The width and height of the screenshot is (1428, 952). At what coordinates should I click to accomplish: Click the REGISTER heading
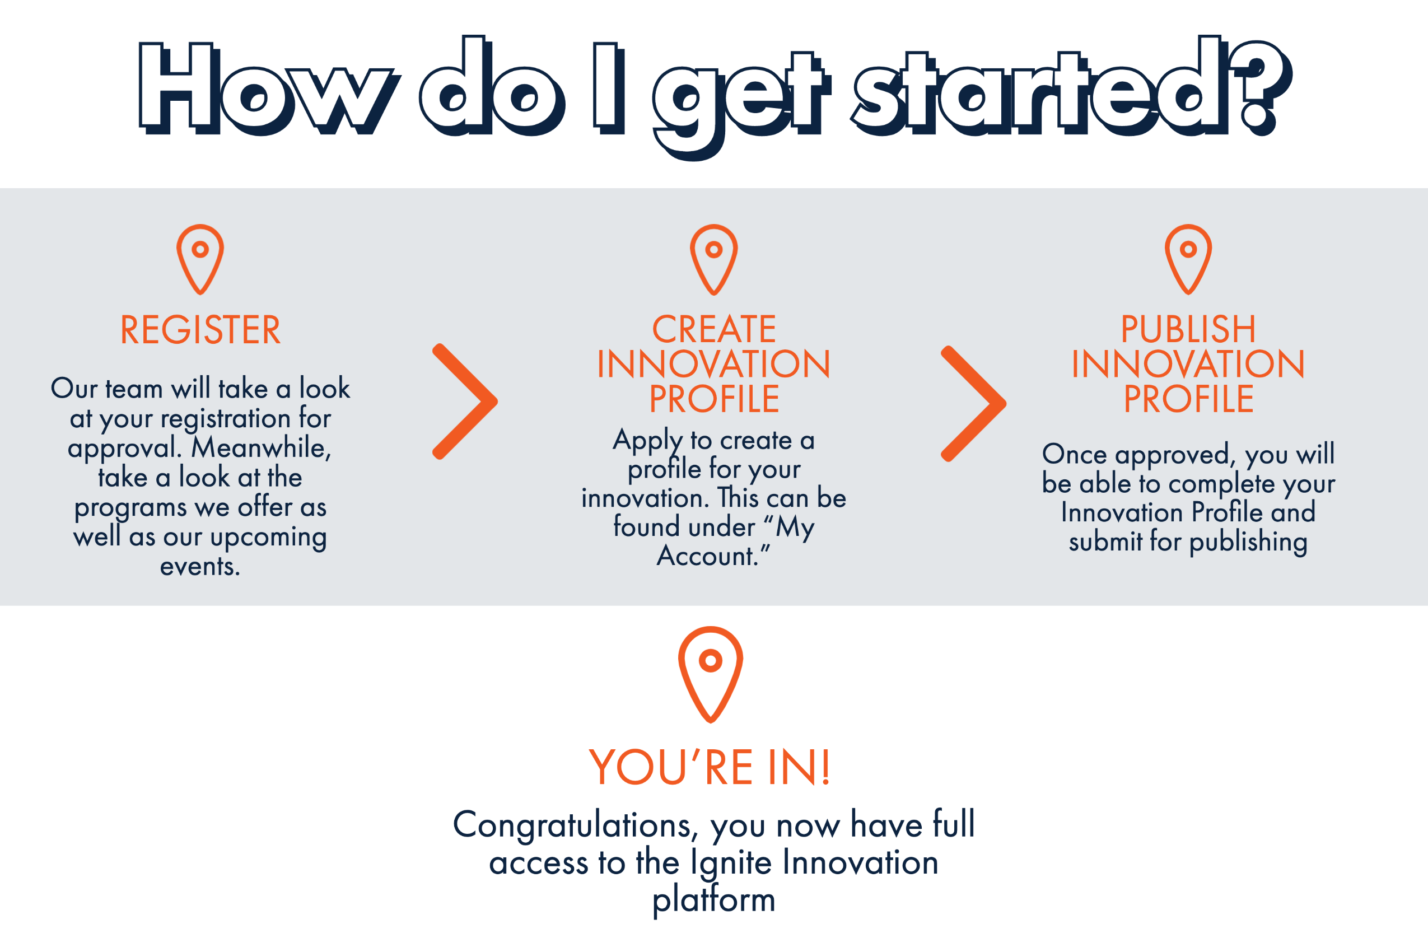[x=200, y=330]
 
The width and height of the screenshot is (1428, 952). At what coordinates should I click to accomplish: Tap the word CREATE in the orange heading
[x=714, y=330]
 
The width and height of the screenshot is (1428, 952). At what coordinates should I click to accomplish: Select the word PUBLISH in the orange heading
[x=1188, y=330]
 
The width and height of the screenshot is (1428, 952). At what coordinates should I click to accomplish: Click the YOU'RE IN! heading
[x=710, y=767]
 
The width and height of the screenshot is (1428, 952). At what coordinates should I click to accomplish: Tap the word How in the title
[x=269, y=88]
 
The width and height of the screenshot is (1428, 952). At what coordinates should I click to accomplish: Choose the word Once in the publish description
[x=1075, y=454]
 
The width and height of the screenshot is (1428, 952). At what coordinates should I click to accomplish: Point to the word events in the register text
[x=200, y=567]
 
